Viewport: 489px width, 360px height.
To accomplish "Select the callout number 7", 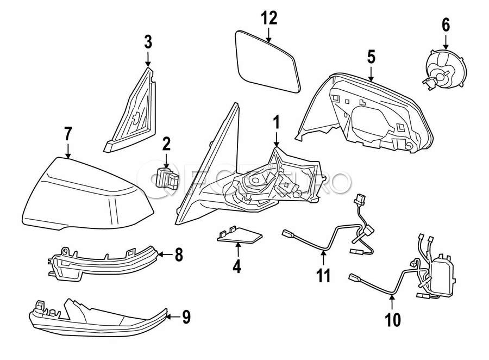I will [x=67, y=132].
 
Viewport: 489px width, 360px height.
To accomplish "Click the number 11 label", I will [x=324, y=276].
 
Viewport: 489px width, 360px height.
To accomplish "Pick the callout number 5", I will [x=371, y=55].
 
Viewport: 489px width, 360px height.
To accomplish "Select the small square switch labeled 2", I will [x=165, y=177].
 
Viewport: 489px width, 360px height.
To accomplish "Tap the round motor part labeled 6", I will [x=444, y=67].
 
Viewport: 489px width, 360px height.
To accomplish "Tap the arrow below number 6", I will [x=445, y=42].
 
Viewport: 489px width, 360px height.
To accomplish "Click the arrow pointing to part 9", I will [x=171, y=316].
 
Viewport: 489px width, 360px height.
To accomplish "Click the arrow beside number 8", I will [x=164, y=253].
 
